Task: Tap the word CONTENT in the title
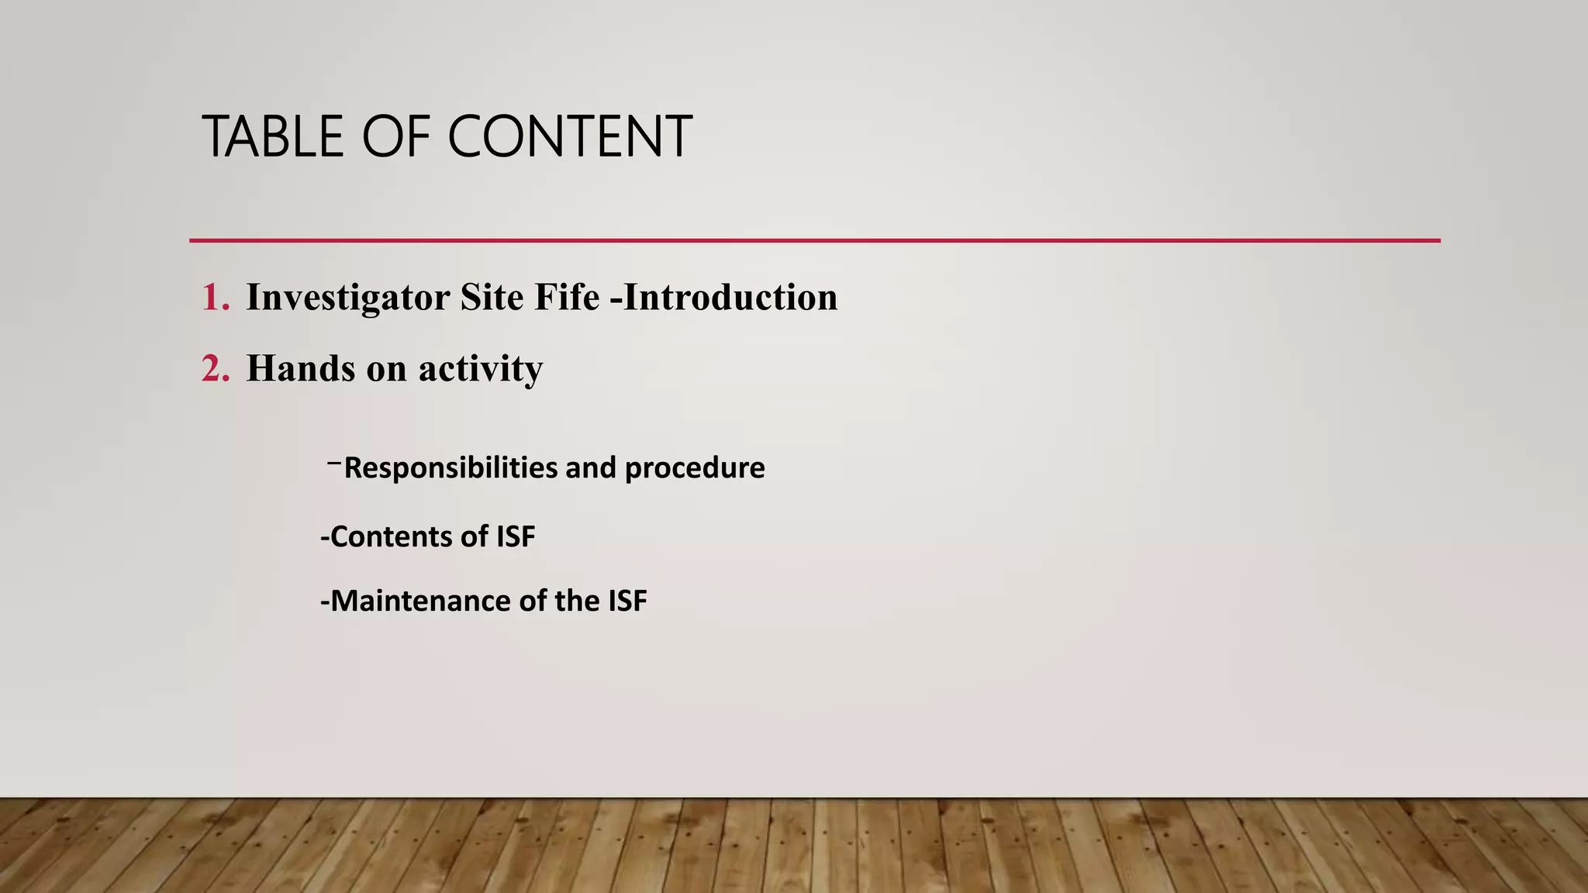[x=569, y=136]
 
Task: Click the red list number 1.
[x=215, y=298]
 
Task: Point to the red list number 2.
[x=215, y=368]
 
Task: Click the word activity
[x=481, y=369]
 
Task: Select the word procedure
[x=695, y=468]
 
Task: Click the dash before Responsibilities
[x=334, y=464]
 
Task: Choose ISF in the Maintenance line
[x=627, y=601]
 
